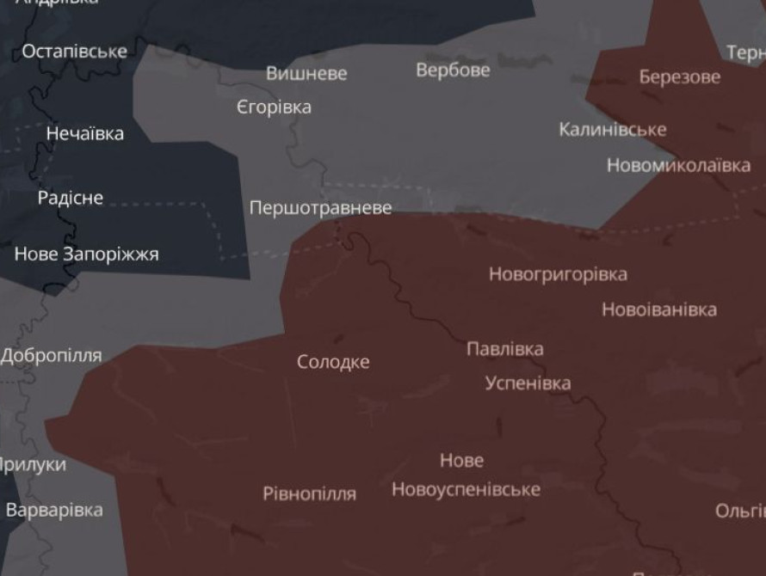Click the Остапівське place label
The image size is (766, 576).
click(74, 52)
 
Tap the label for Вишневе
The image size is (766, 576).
click(306, 74)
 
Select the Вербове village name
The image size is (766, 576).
click(453, 70)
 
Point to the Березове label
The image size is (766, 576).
click(679, 77)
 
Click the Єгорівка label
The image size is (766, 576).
click(274, 108)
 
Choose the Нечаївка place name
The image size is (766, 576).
click(84, 134)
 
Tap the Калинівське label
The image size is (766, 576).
click(612, 130)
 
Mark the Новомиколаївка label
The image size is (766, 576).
click(678, 165)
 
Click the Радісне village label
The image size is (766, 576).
click(71, 199)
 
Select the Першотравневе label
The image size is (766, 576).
click(320, 208)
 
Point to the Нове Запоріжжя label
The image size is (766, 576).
click(86, 254)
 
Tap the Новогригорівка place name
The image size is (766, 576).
click(558, 275)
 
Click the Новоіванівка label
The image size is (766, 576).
click(658, 309)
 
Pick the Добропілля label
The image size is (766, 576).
click(52, 356)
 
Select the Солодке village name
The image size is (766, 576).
click(333, 363)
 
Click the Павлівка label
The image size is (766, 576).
click(504, 349)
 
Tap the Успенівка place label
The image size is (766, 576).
click(528, 383)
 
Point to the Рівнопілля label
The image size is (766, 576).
click(309, 494)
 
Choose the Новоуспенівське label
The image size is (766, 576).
click(466, 489)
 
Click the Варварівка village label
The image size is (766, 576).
click(54, 511)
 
